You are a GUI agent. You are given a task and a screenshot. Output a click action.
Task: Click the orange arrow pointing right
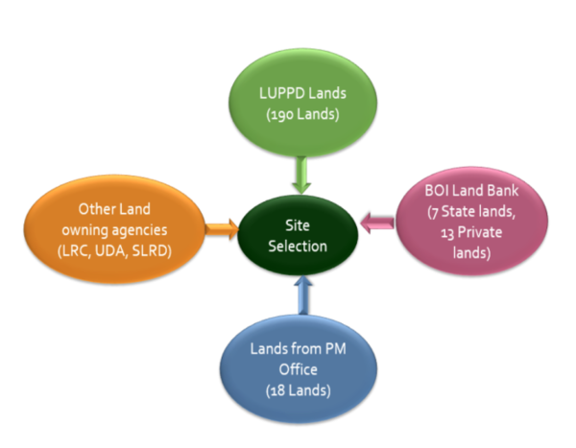tap(222, 228)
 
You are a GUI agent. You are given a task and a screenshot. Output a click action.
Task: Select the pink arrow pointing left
tap(380, 223)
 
